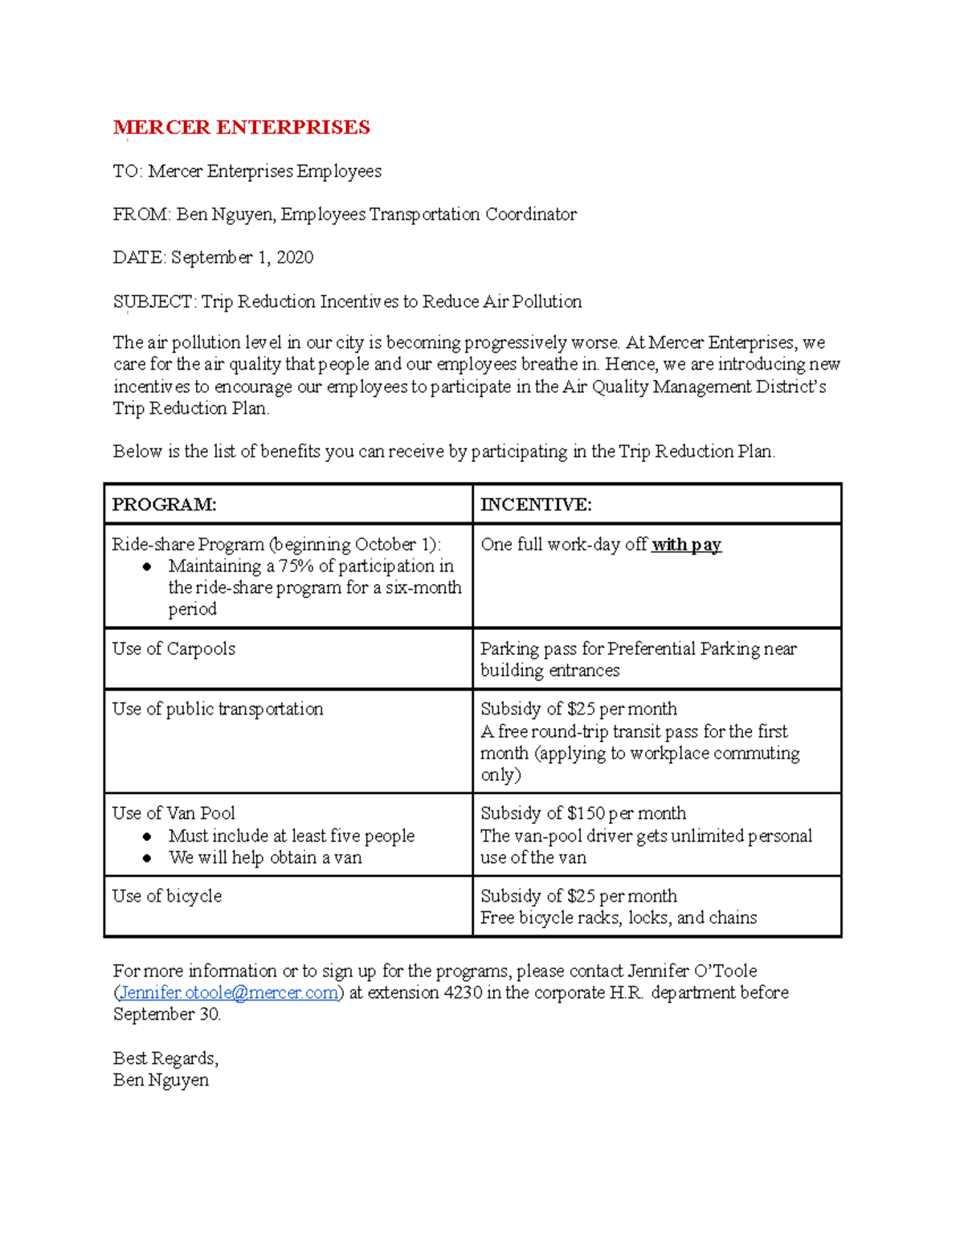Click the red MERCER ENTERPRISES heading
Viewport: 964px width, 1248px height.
tap(241, 128)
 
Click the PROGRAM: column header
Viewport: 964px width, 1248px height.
tap(164, 505)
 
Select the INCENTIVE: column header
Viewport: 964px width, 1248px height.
tap(536, 505)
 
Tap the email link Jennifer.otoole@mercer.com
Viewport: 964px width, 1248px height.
tap(228, 993)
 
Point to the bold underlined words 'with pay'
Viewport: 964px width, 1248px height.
tap(686, 545)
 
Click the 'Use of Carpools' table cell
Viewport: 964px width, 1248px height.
tap(174, 649)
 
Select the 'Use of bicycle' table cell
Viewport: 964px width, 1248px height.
tap(167, 897)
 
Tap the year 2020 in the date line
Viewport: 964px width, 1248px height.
tap(295, 258)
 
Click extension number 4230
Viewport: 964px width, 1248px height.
tap(463, 993)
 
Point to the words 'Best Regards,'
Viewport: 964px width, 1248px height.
tap(165, 1058)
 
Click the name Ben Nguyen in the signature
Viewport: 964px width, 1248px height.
tap(161, 1080)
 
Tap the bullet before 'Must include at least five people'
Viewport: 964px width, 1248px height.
tap(147, 837)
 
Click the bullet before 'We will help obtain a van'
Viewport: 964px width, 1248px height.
tap(147, 858)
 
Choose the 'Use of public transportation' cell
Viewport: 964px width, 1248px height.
tap(218, 710)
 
